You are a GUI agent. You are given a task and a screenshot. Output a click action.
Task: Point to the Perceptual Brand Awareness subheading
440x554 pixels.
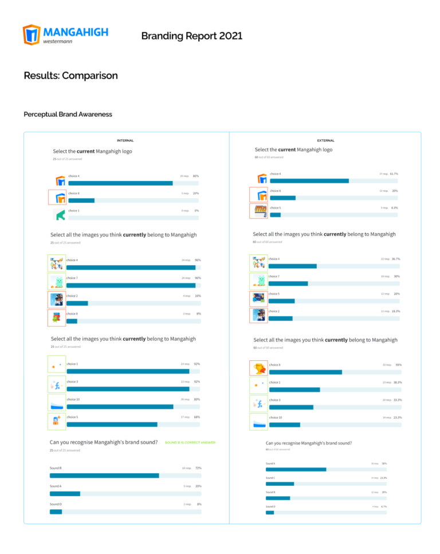pyautogui.click(x=68, y=114)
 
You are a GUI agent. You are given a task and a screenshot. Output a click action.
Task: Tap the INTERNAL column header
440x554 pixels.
pyautogui.click(x=125, y=140)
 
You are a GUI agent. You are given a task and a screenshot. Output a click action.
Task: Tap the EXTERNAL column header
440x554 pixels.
pyautogui.click(x=325, y=140)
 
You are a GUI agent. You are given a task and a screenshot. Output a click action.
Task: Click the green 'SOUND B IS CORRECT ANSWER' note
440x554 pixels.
pyautogui.click(x=190, y=442)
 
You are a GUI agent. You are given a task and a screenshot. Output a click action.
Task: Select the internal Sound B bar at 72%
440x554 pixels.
pyautogui.click(x=104, y=476)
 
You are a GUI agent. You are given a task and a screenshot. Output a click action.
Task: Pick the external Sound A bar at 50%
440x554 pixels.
pyautogui.click(x=296, y=469)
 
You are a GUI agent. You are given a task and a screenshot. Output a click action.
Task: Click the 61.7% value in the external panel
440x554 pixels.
pyautogui.click(x=394, y=174)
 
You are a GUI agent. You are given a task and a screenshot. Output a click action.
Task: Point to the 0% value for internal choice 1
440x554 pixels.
pyautogui.click(x=197, y=211)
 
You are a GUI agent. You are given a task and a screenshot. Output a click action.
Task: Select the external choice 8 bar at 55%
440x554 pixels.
pyautogui.click(x=305, y=372)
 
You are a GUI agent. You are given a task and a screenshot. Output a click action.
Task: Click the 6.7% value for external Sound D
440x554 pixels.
pyautogui.click(x=383, y=506)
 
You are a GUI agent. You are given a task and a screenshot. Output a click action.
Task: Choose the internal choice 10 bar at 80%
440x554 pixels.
pyautogui.click(x=120, y=407)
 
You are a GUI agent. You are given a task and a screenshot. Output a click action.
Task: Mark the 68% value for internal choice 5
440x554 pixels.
pyautogui.click(x=197, y=417)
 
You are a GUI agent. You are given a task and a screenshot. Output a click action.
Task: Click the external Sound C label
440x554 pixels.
pyautogui.click(x=270, y=477)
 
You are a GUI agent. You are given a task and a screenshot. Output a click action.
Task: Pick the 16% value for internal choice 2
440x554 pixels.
pyautogui.click(x=198, y=296)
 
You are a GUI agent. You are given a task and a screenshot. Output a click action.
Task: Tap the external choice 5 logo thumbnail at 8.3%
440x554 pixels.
pyautogui.click(x=259, y=211)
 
